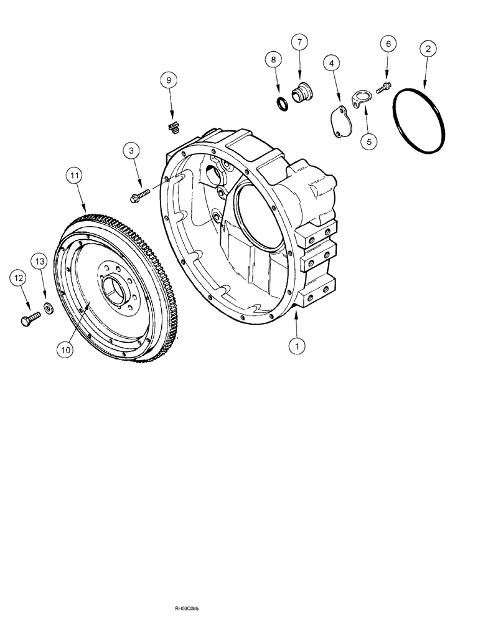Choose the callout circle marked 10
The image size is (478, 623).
tap(66, 350)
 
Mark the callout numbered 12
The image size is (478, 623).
tap(17, 278)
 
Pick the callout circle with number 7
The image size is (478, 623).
tap(299, 42)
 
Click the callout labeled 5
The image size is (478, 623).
tap(367, 141)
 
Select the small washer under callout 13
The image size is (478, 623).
tap(47, 308)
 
